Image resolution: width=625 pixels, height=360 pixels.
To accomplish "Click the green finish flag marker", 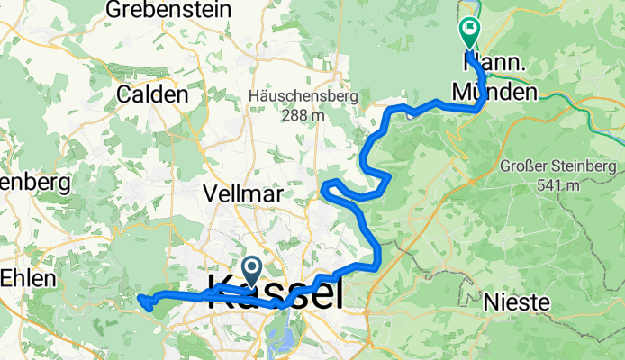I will (x=469, y=33).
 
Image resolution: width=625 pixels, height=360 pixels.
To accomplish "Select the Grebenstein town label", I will (x=165, y=11).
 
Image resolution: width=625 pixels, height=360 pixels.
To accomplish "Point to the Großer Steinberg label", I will (x=559, y=167).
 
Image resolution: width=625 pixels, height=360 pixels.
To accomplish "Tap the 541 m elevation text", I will (x=559, y=185).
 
